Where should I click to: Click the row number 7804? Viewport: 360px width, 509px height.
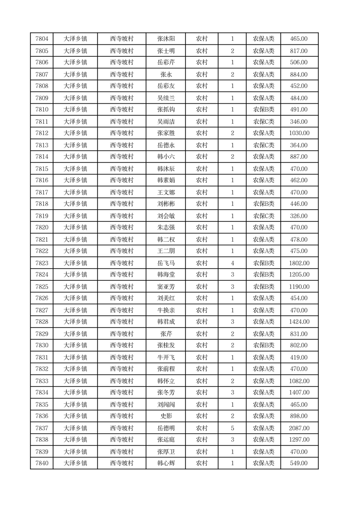pos(42,39)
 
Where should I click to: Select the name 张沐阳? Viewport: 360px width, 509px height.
pos(165,39)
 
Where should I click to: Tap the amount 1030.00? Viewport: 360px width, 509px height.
pos(299,133)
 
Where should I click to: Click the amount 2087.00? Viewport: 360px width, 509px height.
pos(299,428)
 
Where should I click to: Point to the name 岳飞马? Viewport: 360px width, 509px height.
pos(165,263)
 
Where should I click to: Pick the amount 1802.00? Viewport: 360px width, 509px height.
pos(299,263)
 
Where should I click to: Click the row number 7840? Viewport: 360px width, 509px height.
pos(42,463)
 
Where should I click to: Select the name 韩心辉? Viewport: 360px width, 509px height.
pos(165,463)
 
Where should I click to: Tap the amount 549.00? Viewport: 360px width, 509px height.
pos(299,463)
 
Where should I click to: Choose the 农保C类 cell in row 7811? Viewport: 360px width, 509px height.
pos(263,122)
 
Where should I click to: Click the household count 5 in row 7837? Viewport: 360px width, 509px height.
pos(232,428)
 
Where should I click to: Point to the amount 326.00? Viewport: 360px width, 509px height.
pos(299,216)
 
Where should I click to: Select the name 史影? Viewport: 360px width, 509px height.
pos(165,416)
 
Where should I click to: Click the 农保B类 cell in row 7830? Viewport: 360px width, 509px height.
pos(263,345)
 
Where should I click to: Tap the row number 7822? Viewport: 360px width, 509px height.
pos(42,251)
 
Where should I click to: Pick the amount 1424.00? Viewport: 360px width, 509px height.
pos(299,322)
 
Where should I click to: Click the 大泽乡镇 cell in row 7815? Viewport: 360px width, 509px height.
pos(75,169)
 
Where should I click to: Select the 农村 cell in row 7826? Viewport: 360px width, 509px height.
pos(201,298)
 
